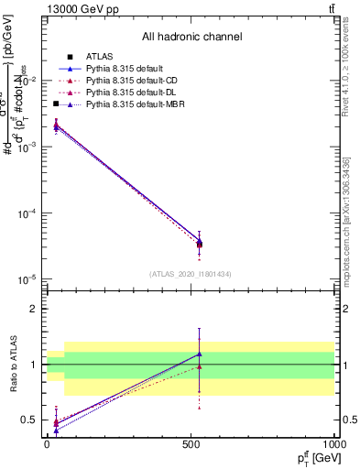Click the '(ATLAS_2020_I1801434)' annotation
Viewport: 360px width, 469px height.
(x=191, y=274)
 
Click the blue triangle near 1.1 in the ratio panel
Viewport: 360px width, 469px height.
(x=200, y=354)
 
